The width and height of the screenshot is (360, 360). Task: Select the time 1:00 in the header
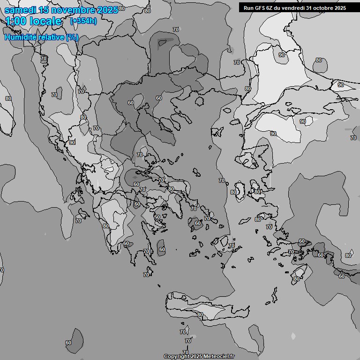17,22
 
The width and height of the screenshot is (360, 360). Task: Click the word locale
45,22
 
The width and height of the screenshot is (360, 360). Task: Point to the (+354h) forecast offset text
83,21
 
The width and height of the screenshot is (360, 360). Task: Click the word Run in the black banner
248,7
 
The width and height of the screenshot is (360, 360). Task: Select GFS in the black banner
260,7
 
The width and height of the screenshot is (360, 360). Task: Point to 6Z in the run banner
270,7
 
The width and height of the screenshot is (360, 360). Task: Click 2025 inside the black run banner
340,7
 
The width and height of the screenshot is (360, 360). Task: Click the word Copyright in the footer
177,357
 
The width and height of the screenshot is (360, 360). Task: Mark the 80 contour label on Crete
200,315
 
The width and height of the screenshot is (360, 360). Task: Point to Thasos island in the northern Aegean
199,100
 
